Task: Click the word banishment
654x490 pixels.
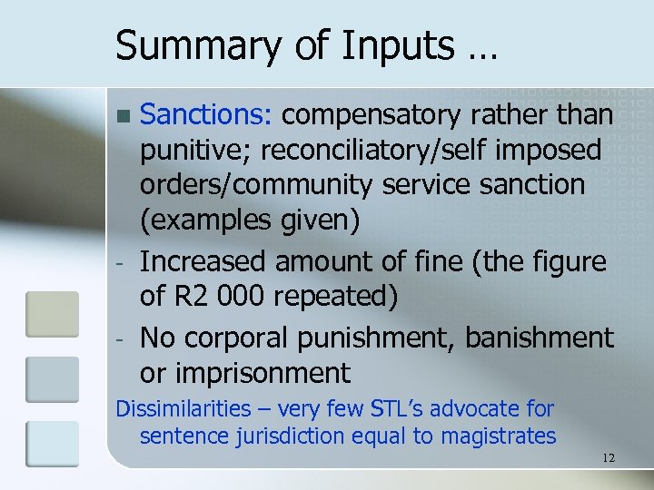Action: pyautogui.click(x=540, y=338)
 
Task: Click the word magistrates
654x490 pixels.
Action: pyautogui.click(x=499, y=436)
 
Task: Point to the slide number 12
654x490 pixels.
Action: pyautogui.click(x=608, y=458)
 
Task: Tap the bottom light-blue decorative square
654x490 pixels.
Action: pyautogui.click(x=53, y=444)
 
